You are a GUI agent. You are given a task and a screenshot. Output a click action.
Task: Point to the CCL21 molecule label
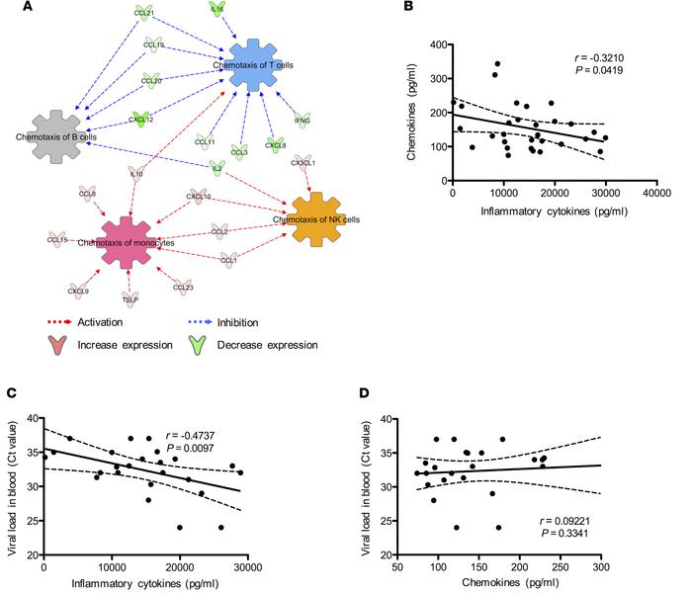[145, 12]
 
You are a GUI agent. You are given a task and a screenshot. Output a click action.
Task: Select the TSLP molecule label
[130, 297]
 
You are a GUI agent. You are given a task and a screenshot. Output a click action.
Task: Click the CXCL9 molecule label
[78, 292]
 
